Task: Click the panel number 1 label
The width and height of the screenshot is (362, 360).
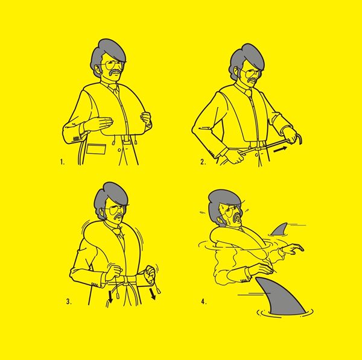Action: pyautogui.click(x=62, y=162)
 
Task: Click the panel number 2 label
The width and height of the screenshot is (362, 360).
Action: pyautogui.click(x=203, y=162)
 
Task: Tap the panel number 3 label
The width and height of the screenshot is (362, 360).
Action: pyautogui.click(x=69, y=302)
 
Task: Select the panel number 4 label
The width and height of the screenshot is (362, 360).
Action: pyautogui.click(x=204, y=302)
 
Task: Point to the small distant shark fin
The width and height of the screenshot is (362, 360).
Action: pyautogui.click(x=280, y=230)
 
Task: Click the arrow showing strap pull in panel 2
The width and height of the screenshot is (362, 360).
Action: pyautogui.click(x=280, y=150)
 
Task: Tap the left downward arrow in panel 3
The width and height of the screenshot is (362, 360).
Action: pyautogui.click(x=110, y=297)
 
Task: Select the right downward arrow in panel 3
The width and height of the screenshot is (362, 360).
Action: pyautogui.click(x=153, y=294)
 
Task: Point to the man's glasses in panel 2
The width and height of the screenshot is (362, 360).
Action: pyautogui.click(x=251, y=74)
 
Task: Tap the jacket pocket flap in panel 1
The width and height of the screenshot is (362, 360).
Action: pyautogui.click(x=97, y=149)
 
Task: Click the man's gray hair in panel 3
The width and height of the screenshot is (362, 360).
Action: pyautogui.click(x=111, y=196)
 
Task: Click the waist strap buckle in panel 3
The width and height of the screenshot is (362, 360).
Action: pyautogui.click(x=127, y=280)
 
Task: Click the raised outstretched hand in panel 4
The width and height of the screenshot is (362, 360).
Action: pyautogui.click(x=293, y=248)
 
